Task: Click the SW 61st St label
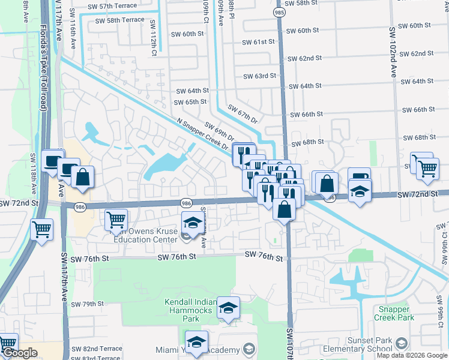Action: pyautogui.click(x=259, y=42)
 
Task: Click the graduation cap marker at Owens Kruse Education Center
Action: pyautogui.click(x=192, y=223)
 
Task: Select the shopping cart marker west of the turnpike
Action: pyautogui.click(x=42, y=229)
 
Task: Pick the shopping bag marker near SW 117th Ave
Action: pyautogui.click(x=83, y=176)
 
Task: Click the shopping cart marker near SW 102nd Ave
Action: pyautogui.click(x=427, y=168)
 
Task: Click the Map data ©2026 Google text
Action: pyautogui.click(x=412, y=355)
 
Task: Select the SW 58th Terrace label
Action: pyautogui.click(x=120, y=20)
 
